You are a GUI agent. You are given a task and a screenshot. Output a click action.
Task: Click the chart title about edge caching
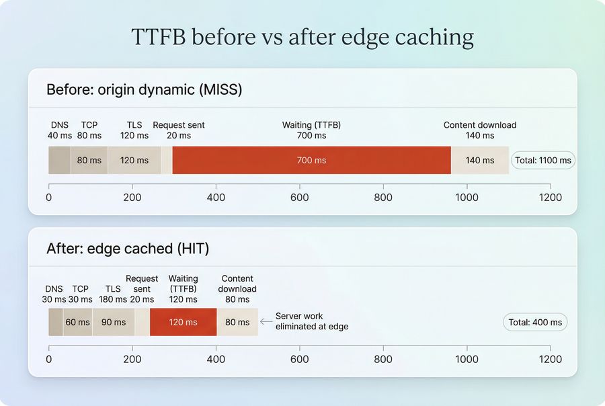pos(302,36)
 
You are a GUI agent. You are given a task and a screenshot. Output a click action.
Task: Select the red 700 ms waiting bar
pos(311,160)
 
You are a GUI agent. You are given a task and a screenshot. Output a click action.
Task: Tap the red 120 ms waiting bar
pos(183,322)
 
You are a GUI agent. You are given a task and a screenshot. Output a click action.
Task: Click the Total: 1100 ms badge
pos(542,161)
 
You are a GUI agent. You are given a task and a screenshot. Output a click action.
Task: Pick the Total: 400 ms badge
pos(534,322)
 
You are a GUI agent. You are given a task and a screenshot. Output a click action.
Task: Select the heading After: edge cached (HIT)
pos(128,249)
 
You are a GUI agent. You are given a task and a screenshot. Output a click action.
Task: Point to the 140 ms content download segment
pos(479,160)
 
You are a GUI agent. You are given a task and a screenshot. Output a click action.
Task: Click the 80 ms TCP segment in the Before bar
pos(89,160)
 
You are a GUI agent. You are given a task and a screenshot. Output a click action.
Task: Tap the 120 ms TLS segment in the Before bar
pos(134,160)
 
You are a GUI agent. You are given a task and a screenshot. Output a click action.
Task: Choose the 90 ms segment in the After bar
pos(113,322)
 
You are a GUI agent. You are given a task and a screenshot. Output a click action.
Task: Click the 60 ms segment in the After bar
pos(77,322)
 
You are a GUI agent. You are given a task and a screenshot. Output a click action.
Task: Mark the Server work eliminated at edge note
pos(311,321)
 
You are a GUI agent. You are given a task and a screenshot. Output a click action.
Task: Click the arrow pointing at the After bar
pos(266,321)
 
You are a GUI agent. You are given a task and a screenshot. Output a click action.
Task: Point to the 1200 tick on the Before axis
pos(551,198)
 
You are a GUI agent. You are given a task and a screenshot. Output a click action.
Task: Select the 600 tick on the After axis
pos(299,359)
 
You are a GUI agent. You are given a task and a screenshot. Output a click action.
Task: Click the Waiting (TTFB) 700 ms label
pos(311,130)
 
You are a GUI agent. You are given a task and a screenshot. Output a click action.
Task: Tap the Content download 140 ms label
pos(479,130)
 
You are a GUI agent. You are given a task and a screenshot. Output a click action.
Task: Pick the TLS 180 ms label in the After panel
pos(112,294)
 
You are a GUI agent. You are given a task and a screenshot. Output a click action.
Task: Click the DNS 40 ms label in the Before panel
pos(59,130)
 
